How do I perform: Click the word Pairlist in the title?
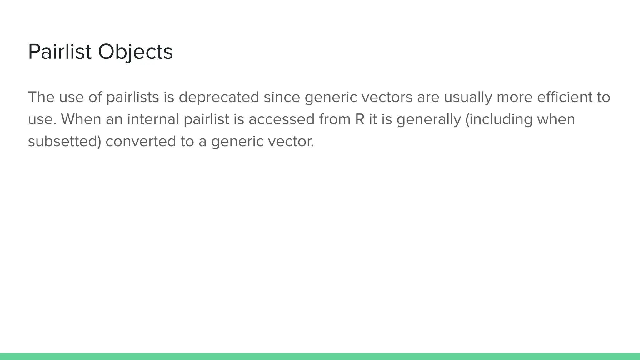pyautogui.click(x=60, y=52)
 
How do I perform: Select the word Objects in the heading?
pyautogui.click(x=135, y=52)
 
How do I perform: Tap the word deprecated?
pyautogui.click(x=219, y=97)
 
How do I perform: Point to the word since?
pyautogui.click(x=282, y=97)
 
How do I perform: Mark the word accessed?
pyautogui.click(x=281, y=119)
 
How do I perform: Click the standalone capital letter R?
pyautogui.click(x=360, y=119)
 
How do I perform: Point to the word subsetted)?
pyautogui.click(x=65, y=142)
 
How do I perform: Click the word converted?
pyautogui.click(x=141, y=142)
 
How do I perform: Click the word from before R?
pyautogui.click(x=335, y=119)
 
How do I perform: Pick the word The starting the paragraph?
pyautogui.click(x=41, y=97)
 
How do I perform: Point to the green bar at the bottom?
pyautogui.click(x=320, y=357)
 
